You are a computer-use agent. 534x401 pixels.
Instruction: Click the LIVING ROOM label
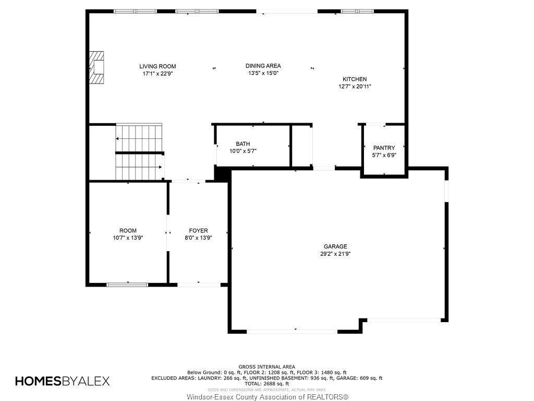[157, 66]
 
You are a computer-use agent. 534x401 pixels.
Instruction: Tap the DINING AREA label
[263, 66]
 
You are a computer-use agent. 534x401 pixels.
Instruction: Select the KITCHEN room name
[355, 79]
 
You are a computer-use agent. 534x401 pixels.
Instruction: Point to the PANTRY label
[384, 148]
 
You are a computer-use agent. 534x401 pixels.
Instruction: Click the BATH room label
[243, 144]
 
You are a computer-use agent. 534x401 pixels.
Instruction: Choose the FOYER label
[199, 231]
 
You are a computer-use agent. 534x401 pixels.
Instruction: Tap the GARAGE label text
[335, 246]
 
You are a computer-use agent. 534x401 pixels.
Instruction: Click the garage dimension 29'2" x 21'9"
[335, 254]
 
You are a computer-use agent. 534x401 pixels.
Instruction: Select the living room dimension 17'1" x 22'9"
[157, 74]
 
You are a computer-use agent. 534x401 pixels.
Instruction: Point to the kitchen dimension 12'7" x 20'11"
[355, 87]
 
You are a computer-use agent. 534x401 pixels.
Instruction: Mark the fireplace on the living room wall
[96, 67]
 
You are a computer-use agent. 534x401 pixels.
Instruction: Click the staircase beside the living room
[139, 152]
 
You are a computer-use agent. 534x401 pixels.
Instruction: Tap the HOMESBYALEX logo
[63, 381]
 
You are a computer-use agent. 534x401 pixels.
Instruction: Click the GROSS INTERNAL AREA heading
[266, 367]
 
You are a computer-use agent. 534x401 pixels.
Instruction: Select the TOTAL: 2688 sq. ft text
[266, 384]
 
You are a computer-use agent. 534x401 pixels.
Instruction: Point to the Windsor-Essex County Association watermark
[268, 397]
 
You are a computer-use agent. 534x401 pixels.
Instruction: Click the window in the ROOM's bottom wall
[127, 285]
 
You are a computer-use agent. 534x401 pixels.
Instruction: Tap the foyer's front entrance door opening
[199, 285]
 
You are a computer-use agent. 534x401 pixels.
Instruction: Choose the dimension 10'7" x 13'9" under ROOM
[128, 238]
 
